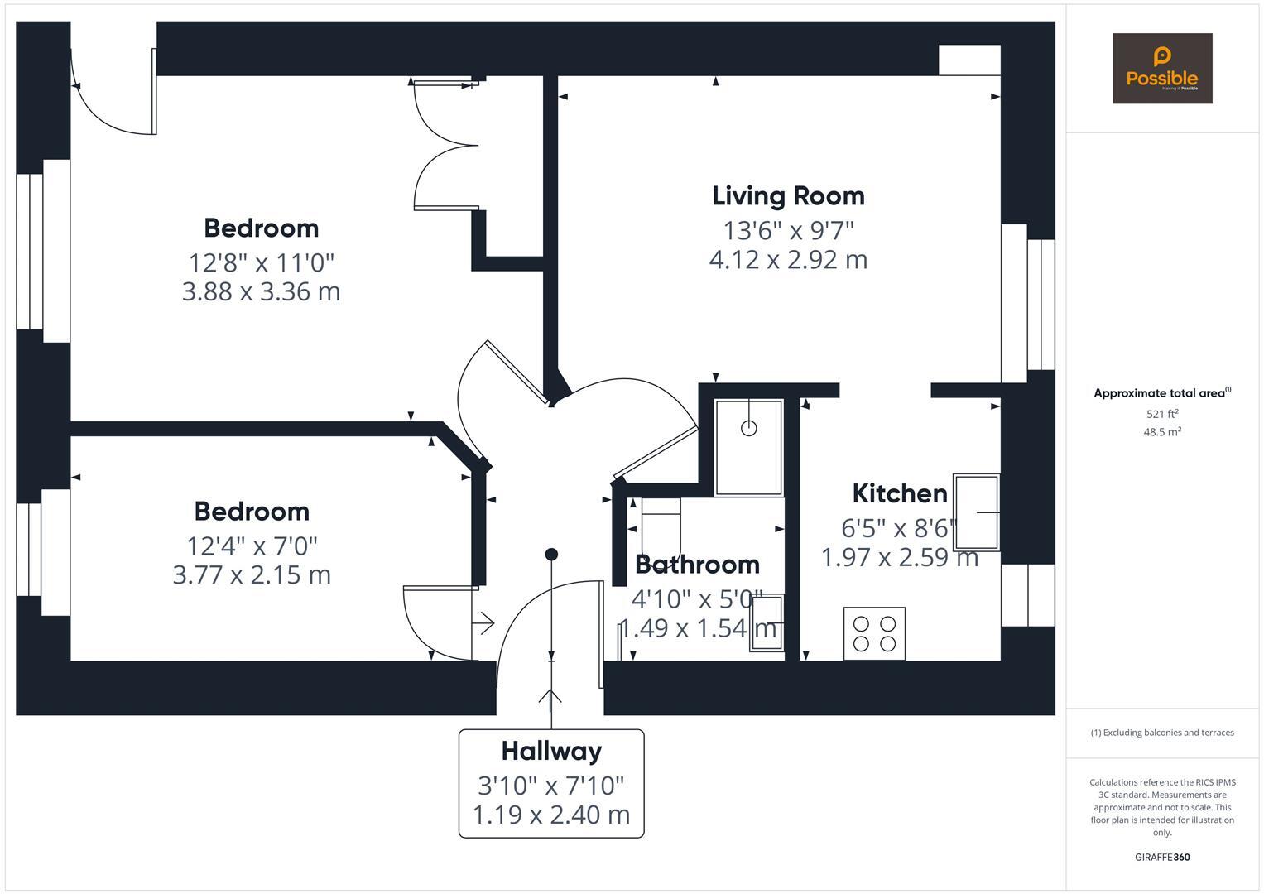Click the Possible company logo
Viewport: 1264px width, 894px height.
pyautogui.click(x=1161, y=69)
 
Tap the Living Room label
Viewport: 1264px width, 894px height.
pyautogui.click(x=788, y=196)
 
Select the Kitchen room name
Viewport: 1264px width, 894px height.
pyautogui.click(x=899, y=493)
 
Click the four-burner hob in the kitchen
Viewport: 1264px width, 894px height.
pyautogui.click(x=874, y=633)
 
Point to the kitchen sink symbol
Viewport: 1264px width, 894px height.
pyautogui.click(x=976, y=512)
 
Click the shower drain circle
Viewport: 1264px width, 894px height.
pyautogui.click(x=748, y=428)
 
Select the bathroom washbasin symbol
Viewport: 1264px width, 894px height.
pyautogui.click(x=767, y=622)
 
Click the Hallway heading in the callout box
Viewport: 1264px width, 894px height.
pyautogui.click(x=551, y=752)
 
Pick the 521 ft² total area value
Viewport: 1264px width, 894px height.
pyautogui.click(x=1161, y=414)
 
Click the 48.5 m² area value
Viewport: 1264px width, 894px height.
pyautogui.click(x=1161, y=432)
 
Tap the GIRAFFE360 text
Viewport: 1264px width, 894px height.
pyautogui.click(x=1161, y=858)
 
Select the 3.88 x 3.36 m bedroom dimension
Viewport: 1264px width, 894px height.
pyautogui.click(x=261, y=291)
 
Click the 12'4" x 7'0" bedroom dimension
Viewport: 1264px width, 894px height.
pyautogui.click(x=252, y=546)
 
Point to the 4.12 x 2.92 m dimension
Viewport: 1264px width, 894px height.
pyautogui.click(x=788, y=260)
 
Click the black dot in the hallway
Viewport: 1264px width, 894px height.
pyautogui.click(x=551, y=554)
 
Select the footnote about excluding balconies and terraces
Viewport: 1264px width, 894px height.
pyautogui.click(x=1161, y=733)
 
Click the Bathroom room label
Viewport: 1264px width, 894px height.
pyautogui.click(x=697, y=565)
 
